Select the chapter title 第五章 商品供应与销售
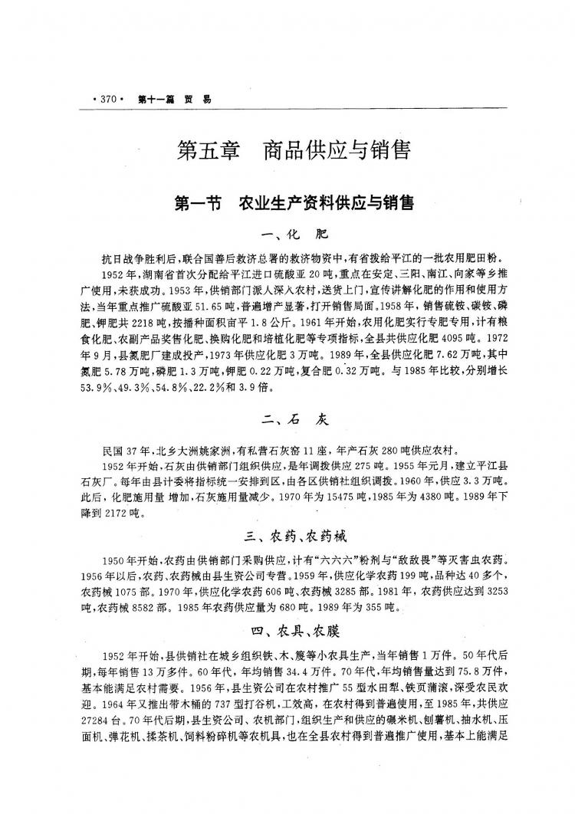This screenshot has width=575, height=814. point(294,149)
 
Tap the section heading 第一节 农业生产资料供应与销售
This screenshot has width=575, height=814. point(294,203)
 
